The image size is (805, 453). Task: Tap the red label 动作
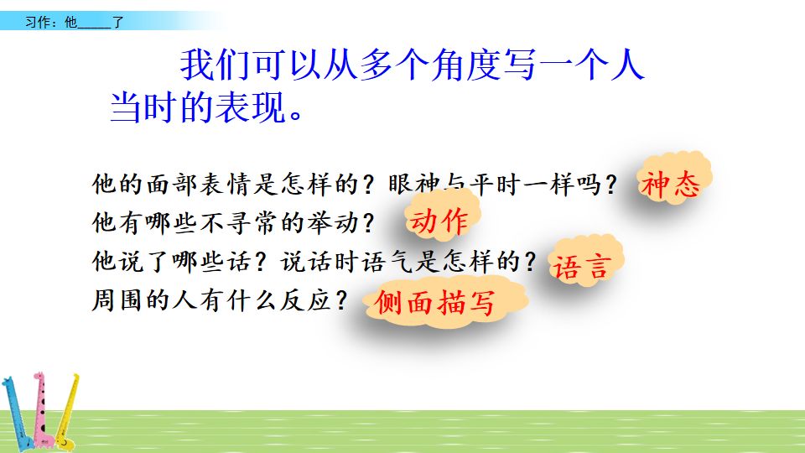(439, 221)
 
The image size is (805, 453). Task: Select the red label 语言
(579, 267)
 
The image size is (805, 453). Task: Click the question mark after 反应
(340, 300)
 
